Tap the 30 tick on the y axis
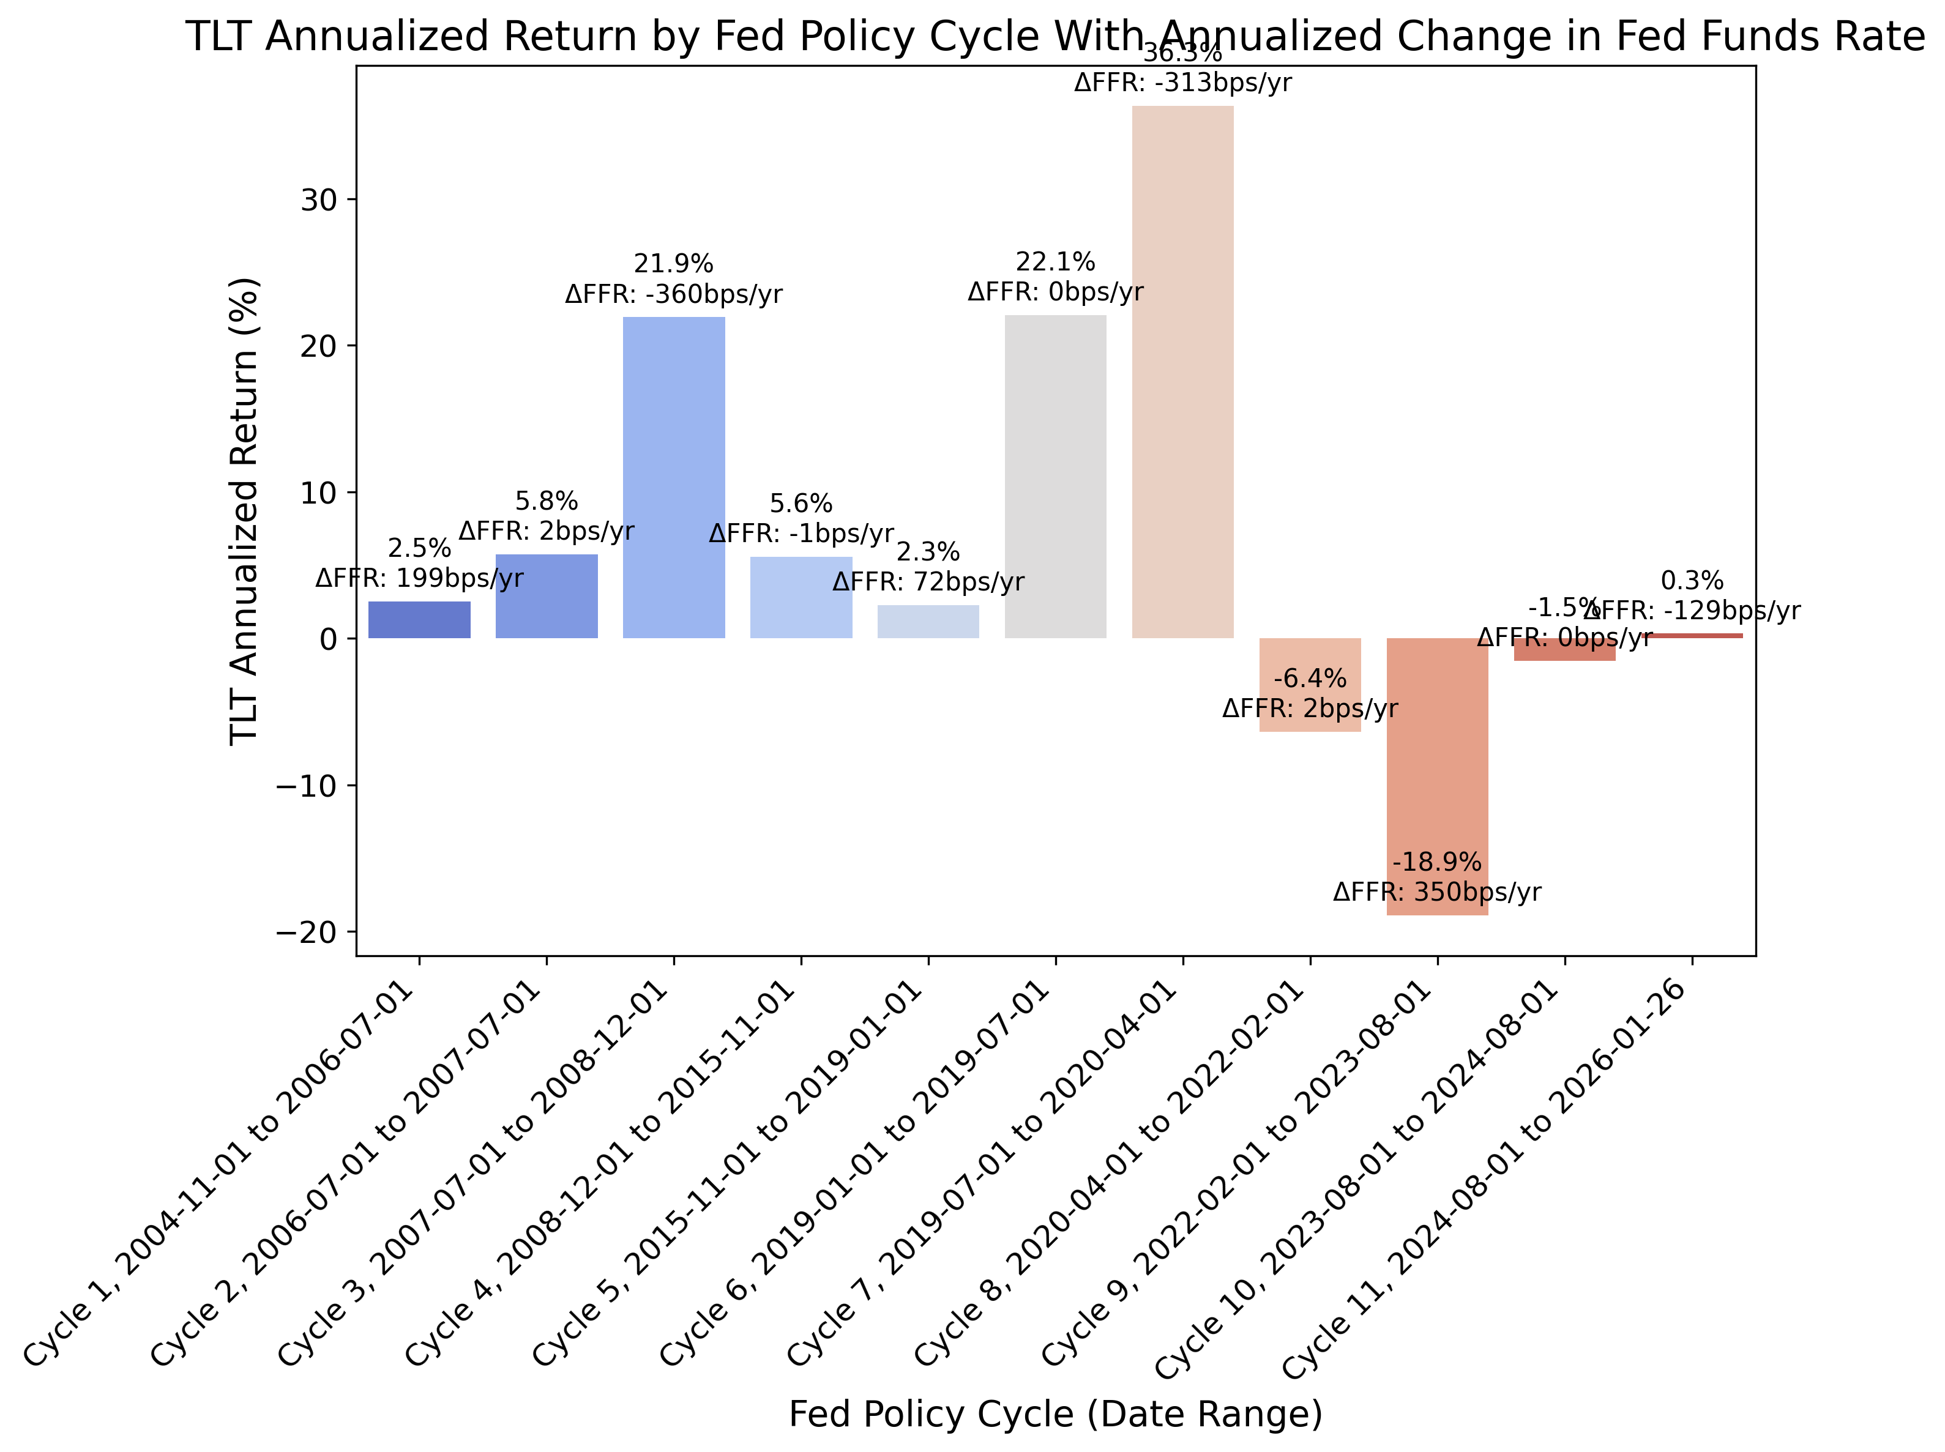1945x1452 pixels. click(x=318, y=199)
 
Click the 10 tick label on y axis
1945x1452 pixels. click(x=318, y=492)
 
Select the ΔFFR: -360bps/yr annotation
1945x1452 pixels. click(x=673, y=294)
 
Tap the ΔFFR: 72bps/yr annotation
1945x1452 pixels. click(x=928, y=582)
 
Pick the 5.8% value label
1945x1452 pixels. click(x=546, y=502)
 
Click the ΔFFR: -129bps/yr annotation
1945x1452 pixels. click(x=1691, y=611)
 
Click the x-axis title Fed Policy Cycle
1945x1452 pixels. click(x=1055, y=1414)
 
